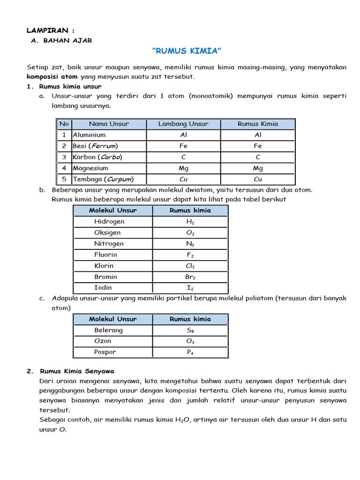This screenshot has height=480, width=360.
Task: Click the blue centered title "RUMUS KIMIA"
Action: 187,51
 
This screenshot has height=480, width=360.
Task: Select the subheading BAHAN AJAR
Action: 67,41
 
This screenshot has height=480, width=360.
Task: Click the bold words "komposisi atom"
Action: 52,76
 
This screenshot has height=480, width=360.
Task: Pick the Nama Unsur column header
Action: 109,124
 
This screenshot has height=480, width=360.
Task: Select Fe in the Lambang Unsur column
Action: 183,146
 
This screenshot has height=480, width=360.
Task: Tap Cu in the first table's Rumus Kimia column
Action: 258,179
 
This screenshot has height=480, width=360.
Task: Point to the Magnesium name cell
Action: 90,168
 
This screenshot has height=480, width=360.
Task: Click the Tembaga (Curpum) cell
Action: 103,179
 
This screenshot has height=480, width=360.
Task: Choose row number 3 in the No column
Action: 64,157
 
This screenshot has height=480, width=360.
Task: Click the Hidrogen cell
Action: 109,221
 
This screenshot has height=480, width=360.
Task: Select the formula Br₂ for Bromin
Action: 190,277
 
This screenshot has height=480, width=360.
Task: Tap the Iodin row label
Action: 103,288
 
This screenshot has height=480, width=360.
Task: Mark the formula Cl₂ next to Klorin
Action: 190,266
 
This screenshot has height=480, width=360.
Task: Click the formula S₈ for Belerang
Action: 190,330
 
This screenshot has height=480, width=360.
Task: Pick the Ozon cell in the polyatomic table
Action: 103,341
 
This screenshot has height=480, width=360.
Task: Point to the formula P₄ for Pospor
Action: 190,352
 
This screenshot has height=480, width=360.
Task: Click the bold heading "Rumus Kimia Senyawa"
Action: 77,371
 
